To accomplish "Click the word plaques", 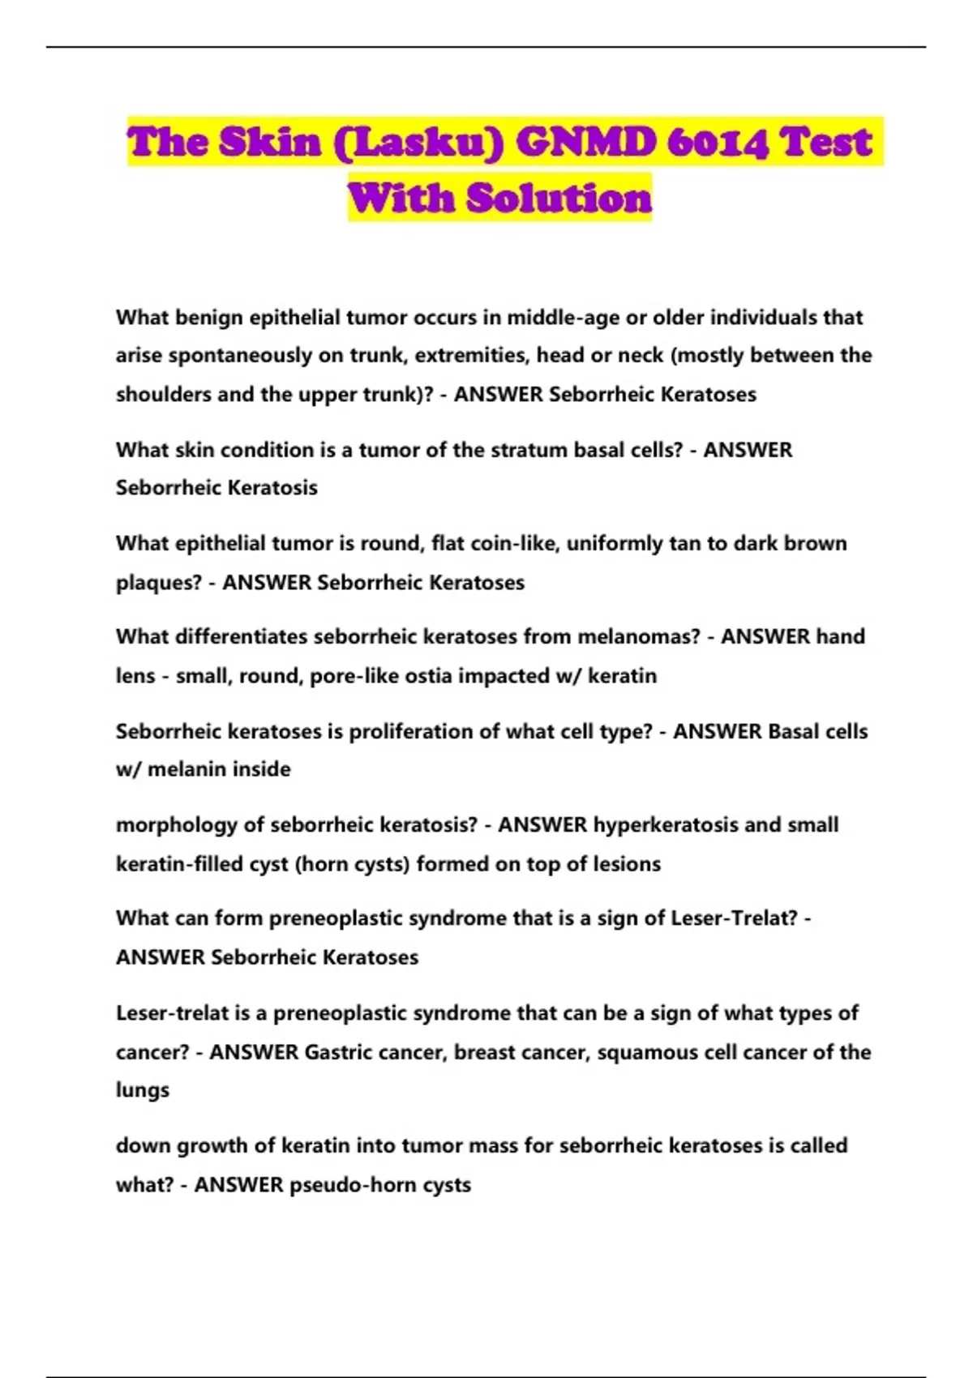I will click(x=157, y=583).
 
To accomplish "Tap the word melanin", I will click(x=179, y=769).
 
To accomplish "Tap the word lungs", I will click(x=143, y=1091).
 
